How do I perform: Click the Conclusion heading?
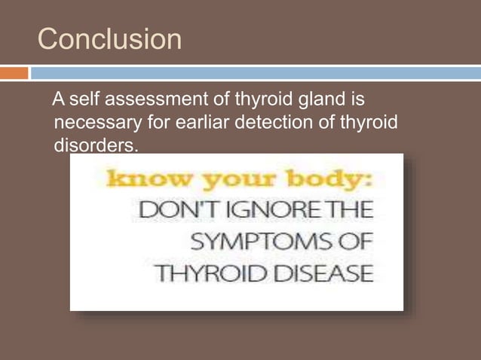pyautogui.click(x=109, y=39)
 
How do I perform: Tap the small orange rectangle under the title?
pyautogui.click(x=14, y=73)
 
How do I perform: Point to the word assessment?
pyautogui.click(x=152, y=100)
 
